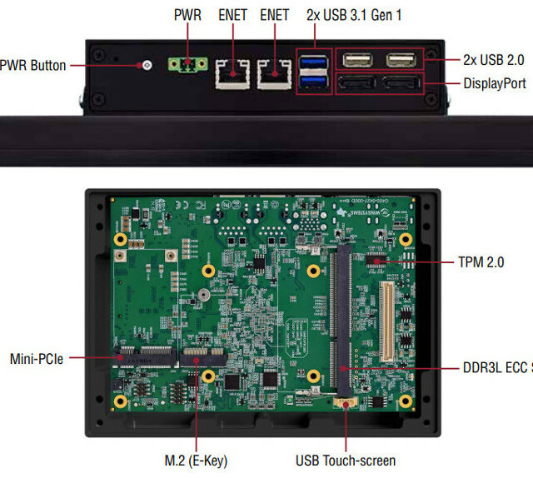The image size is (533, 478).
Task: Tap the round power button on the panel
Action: pos(147,65)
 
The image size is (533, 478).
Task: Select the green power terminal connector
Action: pos(188,65)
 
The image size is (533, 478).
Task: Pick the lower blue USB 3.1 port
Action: pos(315,81)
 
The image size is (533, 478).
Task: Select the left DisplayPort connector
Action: pos(357,83)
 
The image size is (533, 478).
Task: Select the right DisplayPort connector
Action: pos(401,83)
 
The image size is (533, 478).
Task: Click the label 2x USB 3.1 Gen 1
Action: pos(354,15)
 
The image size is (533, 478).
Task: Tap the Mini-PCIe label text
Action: pos(36,359)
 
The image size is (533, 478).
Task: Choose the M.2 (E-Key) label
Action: pos(197,460)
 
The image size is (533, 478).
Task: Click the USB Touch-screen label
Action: pos(346,460)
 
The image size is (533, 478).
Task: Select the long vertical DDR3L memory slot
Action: pos(341,325)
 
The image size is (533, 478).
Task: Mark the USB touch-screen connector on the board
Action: pos(343,403)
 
